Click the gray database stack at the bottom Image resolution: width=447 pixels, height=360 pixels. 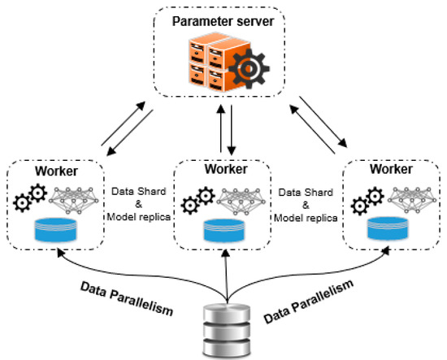pos(224,329)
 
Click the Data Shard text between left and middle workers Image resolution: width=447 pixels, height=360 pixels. pos(139,193)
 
